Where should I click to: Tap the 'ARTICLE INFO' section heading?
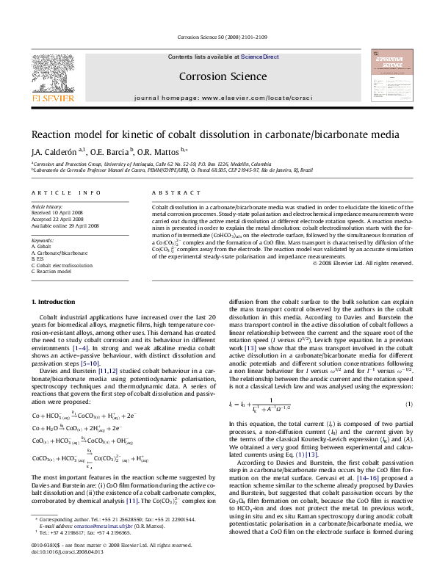[x=66, y=192]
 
